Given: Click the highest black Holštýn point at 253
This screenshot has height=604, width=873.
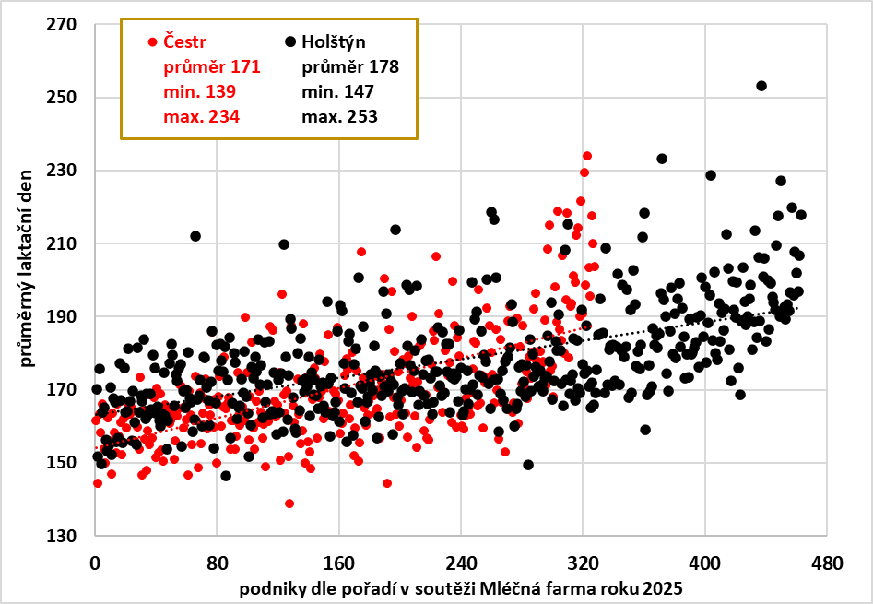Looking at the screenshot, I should [761, 86].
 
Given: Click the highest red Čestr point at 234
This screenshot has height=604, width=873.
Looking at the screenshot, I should [586, 156].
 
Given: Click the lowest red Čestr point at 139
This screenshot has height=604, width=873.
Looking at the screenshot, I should [289, 503].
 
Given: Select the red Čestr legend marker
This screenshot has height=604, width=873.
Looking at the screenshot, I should [152, 41].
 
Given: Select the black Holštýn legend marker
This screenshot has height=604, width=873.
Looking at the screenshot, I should [290, 41].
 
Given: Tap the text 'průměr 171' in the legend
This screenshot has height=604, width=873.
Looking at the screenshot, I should [212, 66].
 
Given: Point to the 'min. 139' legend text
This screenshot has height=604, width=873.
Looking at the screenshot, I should [199, 91].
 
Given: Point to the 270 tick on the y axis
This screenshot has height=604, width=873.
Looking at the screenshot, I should [67, 24].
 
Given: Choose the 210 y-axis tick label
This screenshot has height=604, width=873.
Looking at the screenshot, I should [67, 243].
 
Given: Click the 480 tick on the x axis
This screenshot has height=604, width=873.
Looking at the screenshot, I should [827, 562].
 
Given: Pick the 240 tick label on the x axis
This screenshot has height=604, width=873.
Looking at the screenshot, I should [461, 562].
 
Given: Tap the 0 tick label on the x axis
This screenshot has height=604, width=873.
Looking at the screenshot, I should [95, 562].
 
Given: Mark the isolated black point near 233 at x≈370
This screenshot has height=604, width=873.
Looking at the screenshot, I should [662, 159].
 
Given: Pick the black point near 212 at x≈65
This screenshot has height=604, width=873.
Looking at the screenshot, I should [195, 236].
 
